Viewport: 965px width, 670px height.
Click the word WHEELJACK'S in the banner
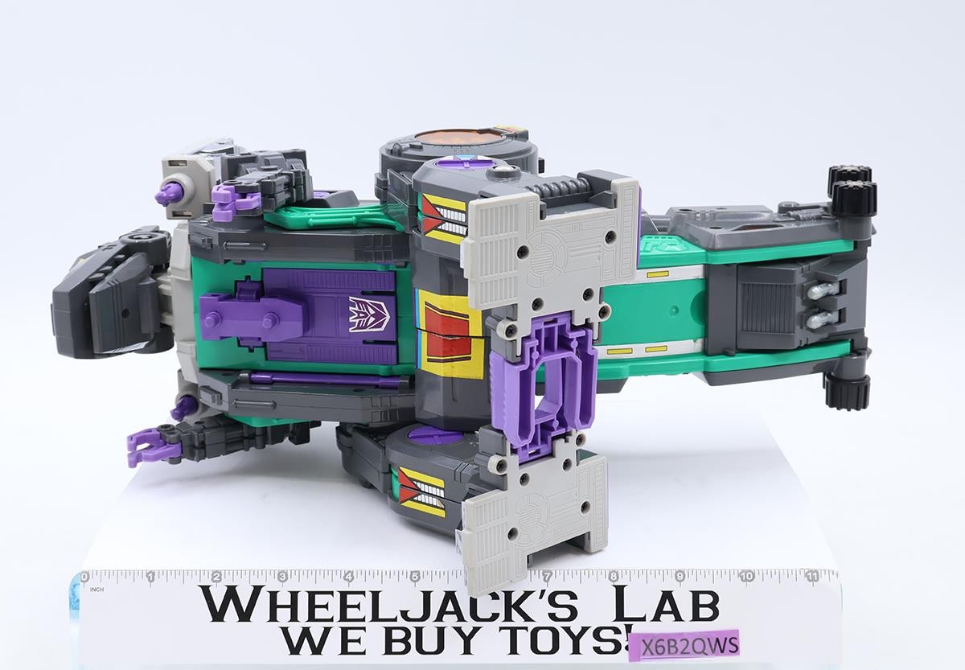(x=391, y=606)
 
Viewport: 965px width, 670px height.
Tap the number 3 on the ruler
(x=282, y=577)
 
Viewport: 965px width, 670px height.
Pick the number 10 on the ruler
(x=747, y=576)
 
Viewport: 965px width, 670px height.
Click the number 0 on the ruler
(x=84, y=577)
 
